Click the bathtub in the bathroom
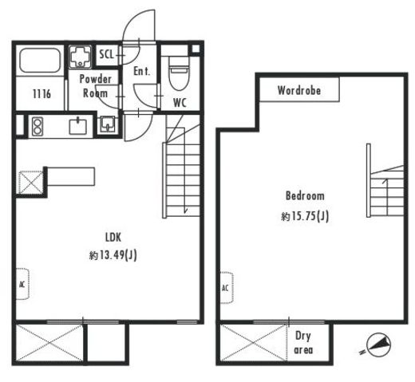(x=40, y=60)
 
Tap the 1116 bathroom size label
(x=41, y=94)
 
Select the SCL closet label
(x=106, y=54)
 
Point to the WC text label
(x=180, y=103)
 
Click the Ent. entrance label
(x=141, y=71)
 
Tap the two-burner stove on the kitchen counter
(x=37, y=126)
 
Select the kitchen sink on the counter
(x=78, y=127)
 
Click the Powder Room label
(x=95, y=86)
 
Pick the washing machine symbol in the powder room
(x=80, y=57)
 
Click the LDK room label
(x=113, y=237)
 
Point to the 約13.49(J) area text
(x=113, y=255)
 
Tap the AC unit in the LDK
(x=22, y=284)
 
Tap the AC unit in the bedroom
(x=227, y=288)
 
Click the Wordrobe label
(x=299, y=90)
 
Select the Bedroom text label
(x=305, y=195)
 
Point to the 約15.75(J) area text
(x=305, y=216)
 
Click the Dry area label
(x=303, y=343)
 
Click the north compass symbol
(x=377, y=345)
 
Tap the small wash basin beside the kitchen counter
(x=108, y=124)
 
